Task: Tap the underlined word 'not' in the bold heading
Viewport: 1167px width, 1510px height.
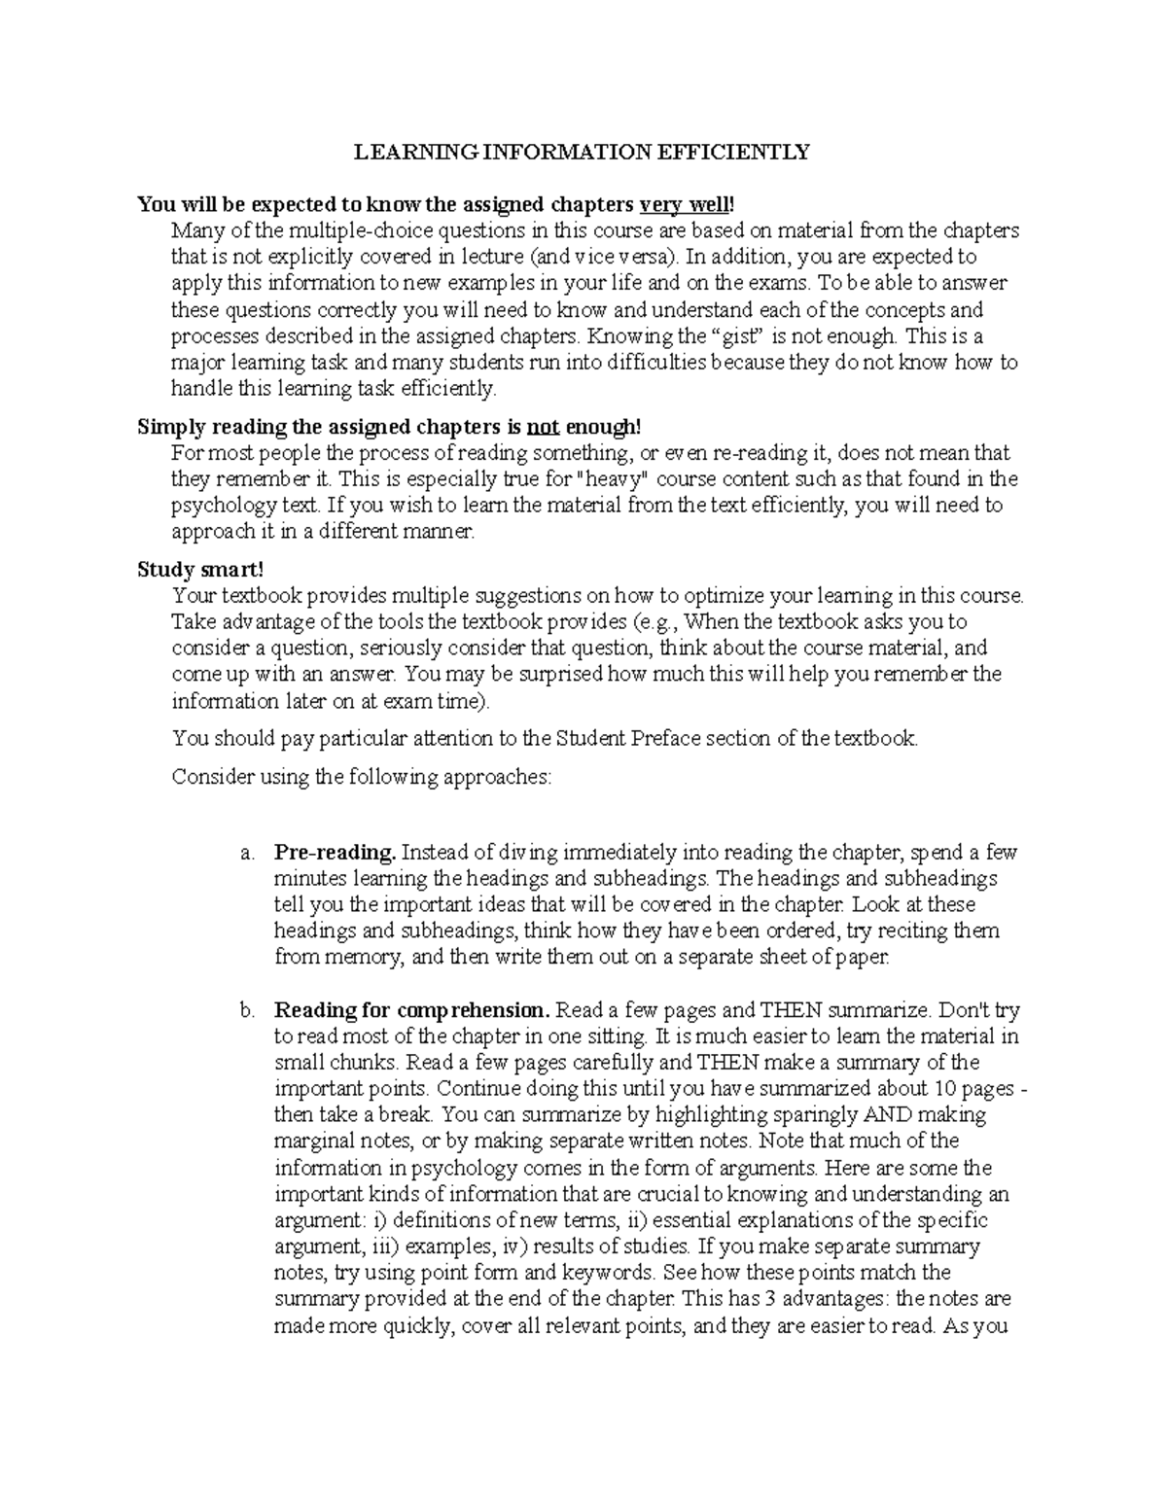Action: coord(543,427)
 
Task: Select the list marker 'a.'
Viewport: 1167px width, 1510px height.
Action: coord(247,853)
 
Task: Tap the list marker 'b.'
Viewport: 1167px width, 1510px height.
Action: coord(247,1010)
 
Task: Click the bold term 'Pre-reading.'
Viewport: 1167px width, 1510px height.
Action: coord(336,853)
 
